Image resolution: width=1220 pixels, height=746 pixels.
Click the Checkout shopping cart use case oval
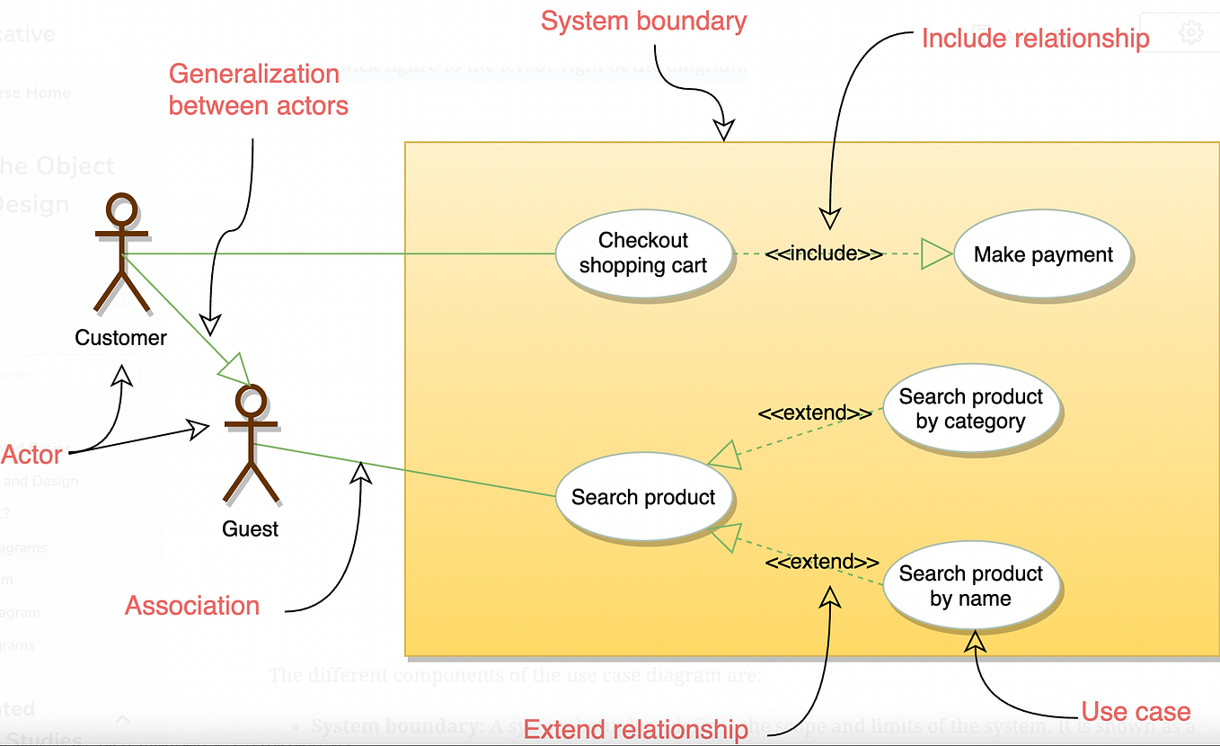pos(643,253)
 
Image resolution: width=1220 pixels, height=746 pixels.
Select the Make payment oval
pos(1043,255)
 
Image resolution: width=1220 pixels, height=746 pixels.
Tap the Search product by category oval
pos(970,409)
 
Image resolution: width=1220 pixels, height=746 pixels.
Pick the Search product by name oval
pos(970,586)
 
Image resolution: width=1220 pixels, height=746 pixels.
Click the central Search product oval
pos(643,497)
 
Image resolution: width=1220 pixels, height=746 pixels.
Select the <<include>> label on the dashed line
pos(824,253)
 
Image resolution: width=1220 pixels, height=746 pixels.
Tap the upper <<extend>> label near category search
pos(815,413)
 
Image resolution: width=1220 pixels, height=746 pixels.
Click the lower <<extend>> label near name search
pos(822,562)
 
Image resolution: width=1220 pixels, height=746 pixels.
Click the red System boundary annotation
pos(643,21)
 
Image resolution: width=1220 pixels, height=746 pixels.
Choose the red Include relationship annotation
pos(1035,39)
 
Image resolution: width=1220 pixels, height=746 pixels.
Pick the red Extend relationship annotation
pos(635,729)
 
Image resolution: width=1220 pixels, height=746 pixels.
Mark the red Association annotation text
pos(192,606)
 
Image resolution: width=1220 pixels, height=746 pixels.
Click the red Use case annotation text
pos(1136,712)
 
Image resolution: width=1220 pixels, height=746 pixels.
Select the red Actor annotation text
pos(31,455)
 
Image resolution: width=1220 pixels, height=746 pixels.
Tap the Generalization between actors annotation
pos(258,90)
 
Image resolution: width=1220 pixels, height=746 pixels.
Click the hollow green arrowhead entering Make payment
pos(936,254)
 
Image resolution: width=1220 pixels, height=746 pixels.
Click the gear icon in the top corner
pos(1190,34)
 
